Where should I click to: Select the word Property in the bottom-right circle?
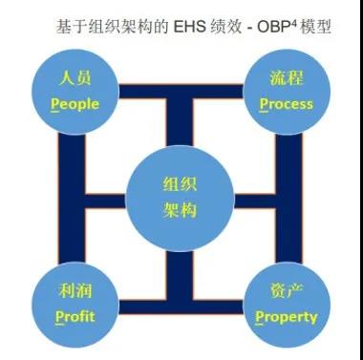(286, 316)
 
